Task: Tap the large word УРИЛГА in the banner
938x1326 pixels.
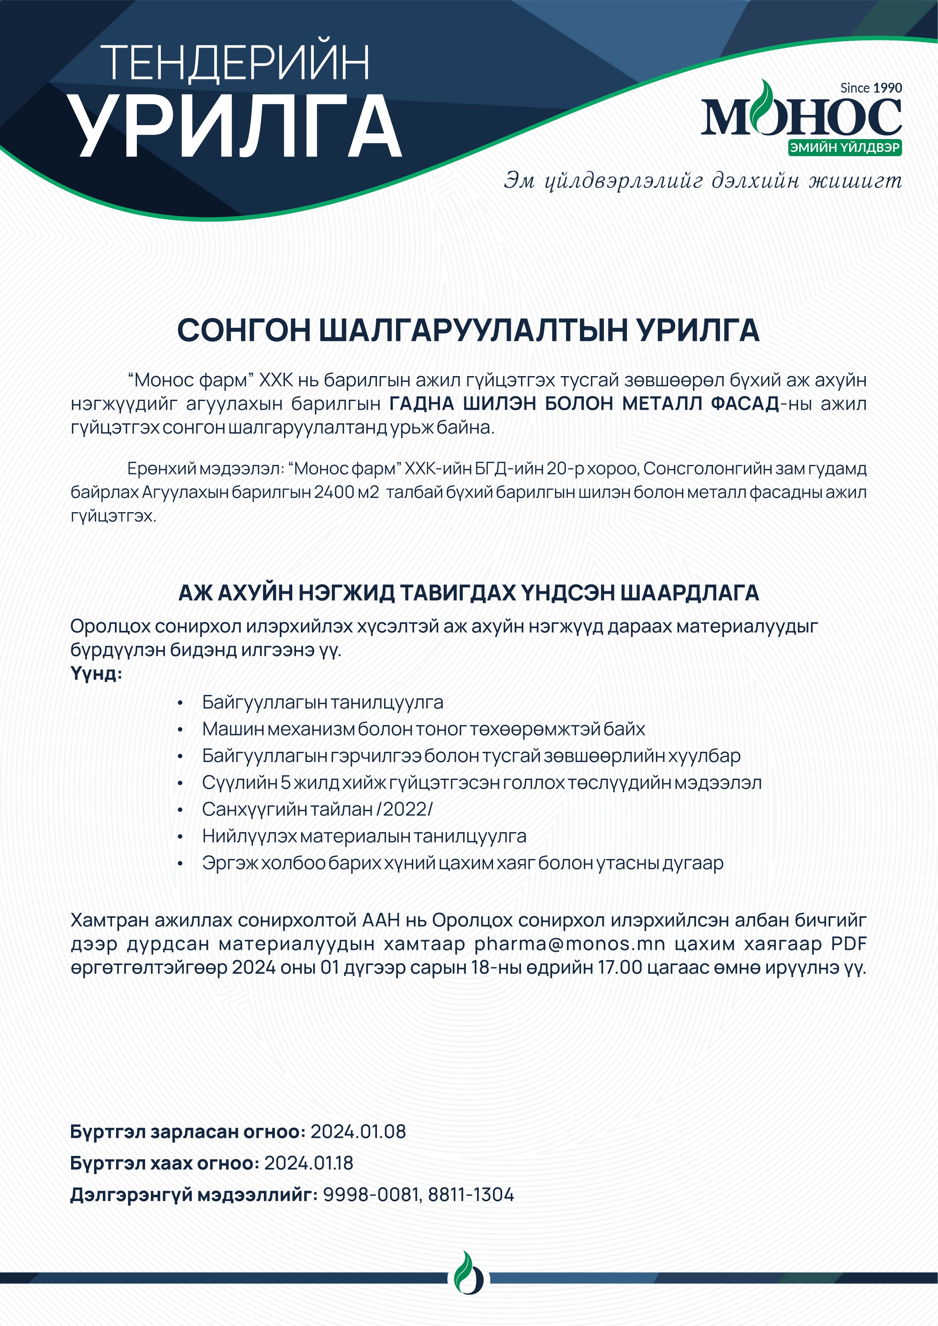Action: tap(236, 126)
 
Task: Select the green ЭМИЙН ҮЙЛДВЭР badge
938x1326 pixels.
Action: tap(845, 147)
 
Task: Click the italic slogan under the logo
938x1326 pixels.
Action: tap(702, 181)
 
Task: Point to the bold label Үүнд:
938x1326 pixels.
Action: tap(96, 674)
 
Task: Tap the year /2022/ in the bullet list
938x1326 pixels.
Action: tap(404, 809)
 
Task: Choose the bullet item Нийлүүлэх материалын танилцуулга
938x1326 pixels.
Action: tap(364, 836)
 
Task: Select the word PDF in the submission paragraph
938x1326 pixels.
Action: tap(848, 944)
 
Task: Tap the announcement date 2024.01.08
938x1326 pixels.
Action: tap(358, 1131)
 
